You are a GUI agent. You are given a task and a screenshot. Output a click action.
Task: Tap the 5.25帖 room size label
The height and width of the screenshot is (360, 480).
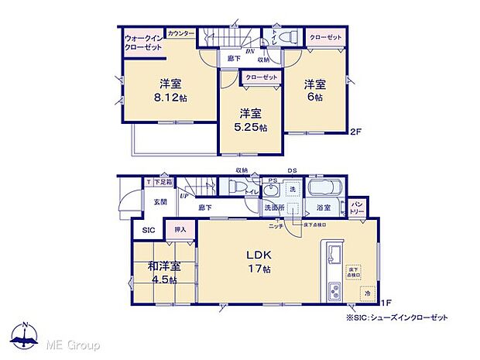click(x=252, y=127)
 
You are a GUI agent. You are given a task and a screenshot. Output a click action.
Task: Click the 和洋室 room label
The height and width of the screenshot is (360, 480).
click(x=163, y=269)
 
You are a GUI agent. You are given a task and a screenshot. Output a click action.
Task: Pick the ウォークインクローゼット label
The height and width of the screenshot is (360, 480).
click(x=142, y=43)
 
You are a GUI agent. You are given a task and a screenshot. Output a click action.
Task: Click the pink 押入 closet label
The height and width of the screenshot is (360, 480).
click(x=180, y=230)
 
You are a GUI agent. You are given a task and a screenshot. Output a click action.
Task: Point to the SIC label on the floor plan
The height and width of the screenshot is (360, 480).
click(x=147, y=230)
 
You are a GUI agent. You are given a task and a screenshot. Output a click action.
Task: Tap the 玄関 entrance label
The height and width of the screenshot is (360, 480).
click(x=159, y=202)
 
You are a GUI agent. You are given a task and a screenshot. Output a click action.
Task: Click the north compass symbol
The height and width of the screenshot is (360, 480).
click(x=25, y=334)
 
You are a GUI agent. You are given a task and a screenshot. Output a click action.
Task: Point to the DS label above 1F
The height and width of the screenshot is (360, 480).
click(x=293, y=171)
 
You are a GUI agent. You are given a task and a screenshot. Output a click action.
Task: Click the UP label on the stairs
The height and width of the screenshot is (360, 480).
click(x=184, y=197)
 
